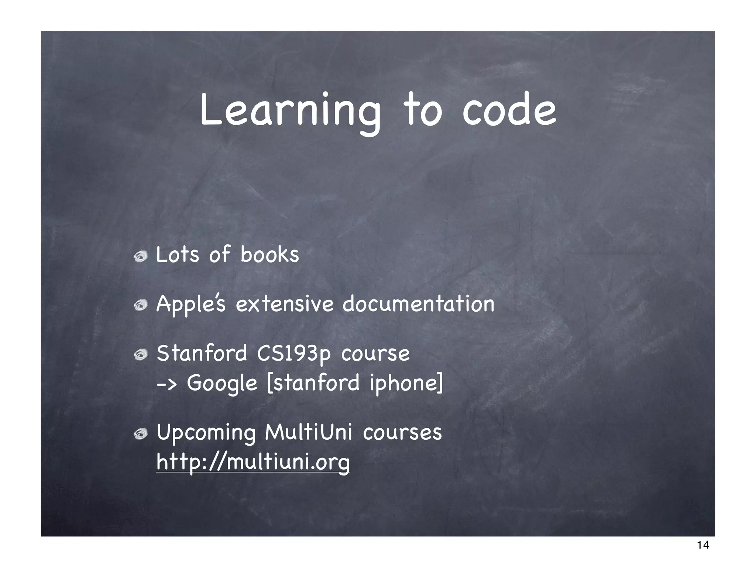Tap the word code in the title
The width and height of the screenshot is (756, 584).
point(509,110)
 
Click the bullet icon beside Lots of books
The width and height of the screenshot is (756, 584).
point(141,256)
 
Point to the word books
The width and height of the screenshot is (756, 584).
point(269,255)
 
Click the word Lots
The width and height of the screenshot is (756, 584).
point(178,255)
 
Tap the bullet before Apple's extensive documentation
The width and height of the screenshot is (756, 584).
point(141,305)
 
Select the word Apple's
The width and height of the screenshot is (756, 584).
point(190,305)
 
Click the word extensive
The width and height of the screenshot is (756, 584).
point(284,305)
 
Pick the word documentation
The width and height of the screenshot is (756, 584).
point(418,305)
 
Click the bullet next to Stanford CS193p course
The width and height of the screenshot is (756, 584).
point(141,355)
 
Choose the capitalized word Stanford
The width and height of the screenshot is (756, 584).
point(202,353)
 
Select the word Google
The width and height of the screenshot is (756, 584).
point(222,384)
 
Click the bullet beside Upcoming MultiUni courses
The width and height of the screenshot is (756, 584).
point(141,434)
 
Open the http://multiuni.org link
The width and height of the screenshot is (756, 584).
point(252,462)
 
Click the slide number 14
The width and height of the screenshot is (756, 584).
point(703,555)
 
